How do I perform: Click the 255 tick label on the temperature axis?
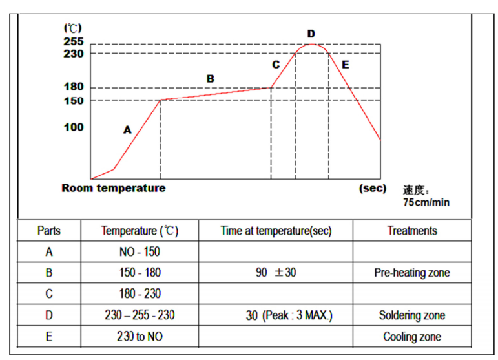pos(74,41)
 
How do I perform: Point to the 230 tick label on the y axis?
pos(74,53)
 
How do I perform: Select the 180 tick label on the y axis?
pos(74,87)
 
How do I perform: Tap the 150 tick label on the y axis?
pos(74,100)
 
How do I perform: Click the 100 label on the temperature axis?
pos(74,127)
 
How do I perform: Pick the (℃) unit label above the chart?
pos(72,28)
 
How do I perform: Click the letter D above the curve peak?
pos(311,34)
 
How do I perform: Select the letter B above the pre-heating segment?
pos(210,79)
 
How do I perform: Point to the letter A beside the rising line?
pos(127,130)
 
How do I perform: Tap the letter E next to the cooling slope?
pos(345,65)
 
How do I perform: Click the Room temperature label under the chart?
pos(114,189)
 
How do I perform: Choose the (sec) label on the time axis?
pos(373,189)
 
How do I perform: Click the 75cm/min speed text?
pos(426,202)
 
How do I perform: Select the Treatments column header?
pos(412,231)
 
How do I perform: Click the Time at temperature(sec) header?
pos(276,231)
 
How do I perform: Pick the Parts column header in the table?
pos(49,231)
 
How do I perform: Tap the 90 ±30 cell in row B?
pos(276,273)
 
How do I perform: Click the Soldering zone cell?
pos(412,315)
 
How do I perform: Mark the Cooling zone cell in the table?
pos(412,337)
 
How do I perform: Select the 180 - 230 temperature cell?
pos(140,294)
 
